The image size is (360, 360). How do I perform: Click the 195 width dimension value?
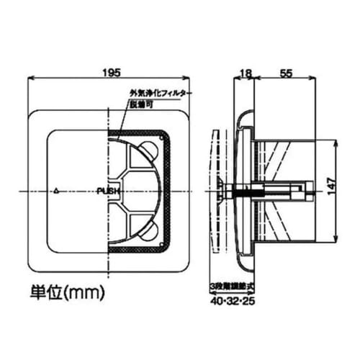[x=109, y=73]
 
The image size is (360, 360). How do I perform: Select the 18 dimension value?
[x=245, y=73]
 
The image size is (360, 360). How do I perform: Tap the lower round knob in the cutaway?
[x=148, y=231]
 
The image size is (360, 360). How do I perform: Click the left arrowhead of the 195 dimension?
[x=30, y=79]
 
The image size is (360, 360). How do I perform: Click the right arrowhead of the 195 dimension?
[x=189, y=79]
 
